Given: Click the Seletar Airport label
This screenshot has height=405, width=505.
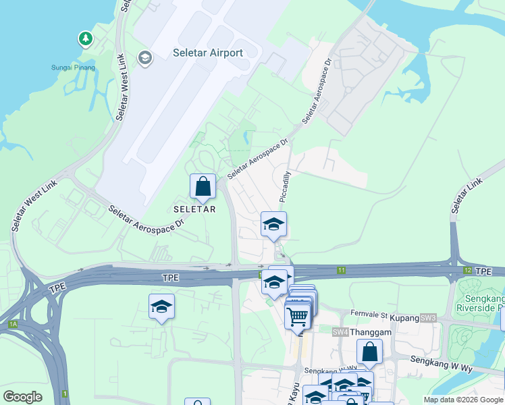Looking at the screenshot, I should [x=209, y=53].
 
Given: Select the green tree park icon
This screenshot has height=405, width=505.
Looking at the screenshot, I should [x=85, y=39].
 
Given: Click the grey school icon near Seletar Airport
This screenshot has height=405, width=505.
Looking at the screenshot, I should [x=144, y=58].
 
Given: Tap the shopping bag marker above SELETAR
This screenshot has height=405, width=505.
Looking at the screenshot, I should [x=203, y=186].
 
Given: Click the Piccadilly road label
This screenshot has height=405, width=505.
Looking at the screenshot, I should [x=286, y=187].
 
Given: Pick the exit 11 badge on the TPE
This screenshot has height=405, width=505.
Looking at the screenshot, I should [x=342, y=271].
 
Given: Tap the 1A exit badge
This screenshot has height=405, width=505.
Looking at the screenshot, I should [x=12, y=325].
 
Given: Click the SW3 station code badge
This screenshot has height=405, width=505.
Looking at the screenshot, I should [x=428, y=317].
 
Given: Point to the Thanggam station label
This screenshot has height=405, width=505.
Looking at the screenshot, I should [x=370, y=332].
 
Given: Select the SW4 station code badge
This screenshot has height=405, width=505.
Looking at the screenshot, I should [x=340, y=332].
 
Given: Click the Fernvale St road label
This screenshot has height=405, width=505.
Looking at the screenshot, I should [x=369, y=315].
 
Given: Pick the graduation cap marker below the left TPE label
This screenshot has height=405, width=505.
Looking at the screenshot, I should [x=162, y=306].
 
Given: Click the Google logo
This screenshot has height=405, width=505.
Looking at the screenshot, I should [x=22, y=397].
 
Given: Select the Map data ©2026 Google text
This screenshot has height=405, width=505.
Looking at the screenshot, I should [x=463, y=400].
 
